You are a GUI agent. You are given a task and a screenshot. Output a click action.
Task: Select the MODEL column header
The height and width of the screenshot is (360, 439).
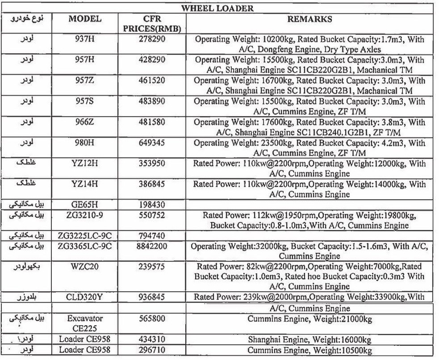85,19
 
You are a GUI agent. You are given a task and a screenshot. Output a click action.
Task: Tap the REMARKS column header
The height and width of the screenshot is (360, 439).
309,19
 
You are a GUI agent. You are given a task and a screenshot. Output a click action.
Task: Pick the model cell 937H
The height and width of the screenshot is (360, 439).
85,40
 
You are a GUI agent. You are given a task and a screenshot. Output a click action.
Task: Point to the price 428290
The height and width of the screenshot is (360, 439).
152,60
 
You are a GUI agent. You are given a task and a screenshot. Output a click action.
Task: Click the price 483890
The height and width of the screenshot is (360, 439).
152,102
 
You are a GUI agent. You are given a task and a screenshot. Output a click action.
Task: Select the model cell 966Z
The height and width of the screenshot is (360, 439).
85,123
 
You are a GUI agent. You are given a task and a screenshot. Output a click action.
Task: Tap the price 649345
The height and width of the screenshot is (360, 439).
152,144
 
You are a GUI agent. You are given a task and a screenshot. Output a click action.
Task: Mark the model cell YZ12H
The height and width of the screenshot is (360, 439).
85,164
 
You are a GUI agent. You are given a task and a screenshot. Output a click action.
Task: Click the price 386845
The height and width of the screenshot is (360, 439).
152,184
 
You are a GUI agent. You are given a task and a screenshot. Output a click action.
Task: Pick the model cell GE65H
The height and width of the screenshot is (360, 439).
85,205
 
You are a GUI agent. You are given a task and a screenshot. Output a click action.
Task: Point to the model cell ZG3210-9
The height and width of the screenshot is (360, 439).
85,216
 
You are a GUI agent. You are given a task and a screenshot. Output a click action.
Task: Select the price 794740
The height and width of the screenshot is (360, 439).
152,236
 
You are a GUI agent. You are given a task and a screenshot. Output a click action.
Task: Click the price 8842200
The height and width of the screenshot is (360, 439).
152,247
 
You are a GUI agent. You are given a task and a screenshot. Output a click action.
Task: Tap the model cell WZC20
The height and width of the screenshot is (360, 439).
85,267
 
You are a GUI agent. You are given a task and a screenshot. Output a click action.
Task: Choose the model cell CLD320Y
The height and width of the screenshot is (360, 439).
85,298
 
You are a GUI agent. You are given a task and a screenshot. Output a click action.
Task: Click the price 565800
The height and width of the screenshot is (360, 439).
152,319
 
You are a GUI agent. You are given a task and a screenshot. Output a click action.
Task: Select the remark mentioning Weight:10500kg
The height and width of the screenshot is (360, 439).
309,351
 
